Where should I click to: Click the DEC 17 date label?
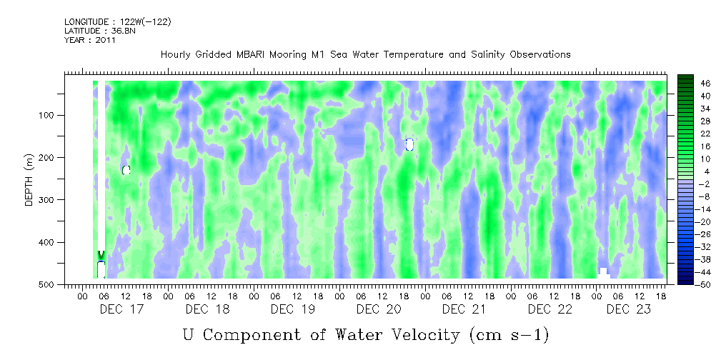click(x=121, y=309)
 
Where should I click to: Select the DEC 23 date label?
click(x=629, y=309)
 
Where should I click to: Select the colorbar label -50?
click(x=704, y=284)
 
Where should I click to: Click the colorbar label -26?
click(x=704, y=234)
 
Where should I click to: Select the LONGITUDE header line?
click(x=117, y=22)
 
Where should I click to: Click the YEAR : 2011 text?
click(x=90, y=40)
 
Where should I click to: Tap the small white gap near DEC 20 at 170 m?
click(x=409, y=144)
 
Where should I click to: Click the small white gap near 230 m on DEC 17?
click(x=126, y=170)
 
